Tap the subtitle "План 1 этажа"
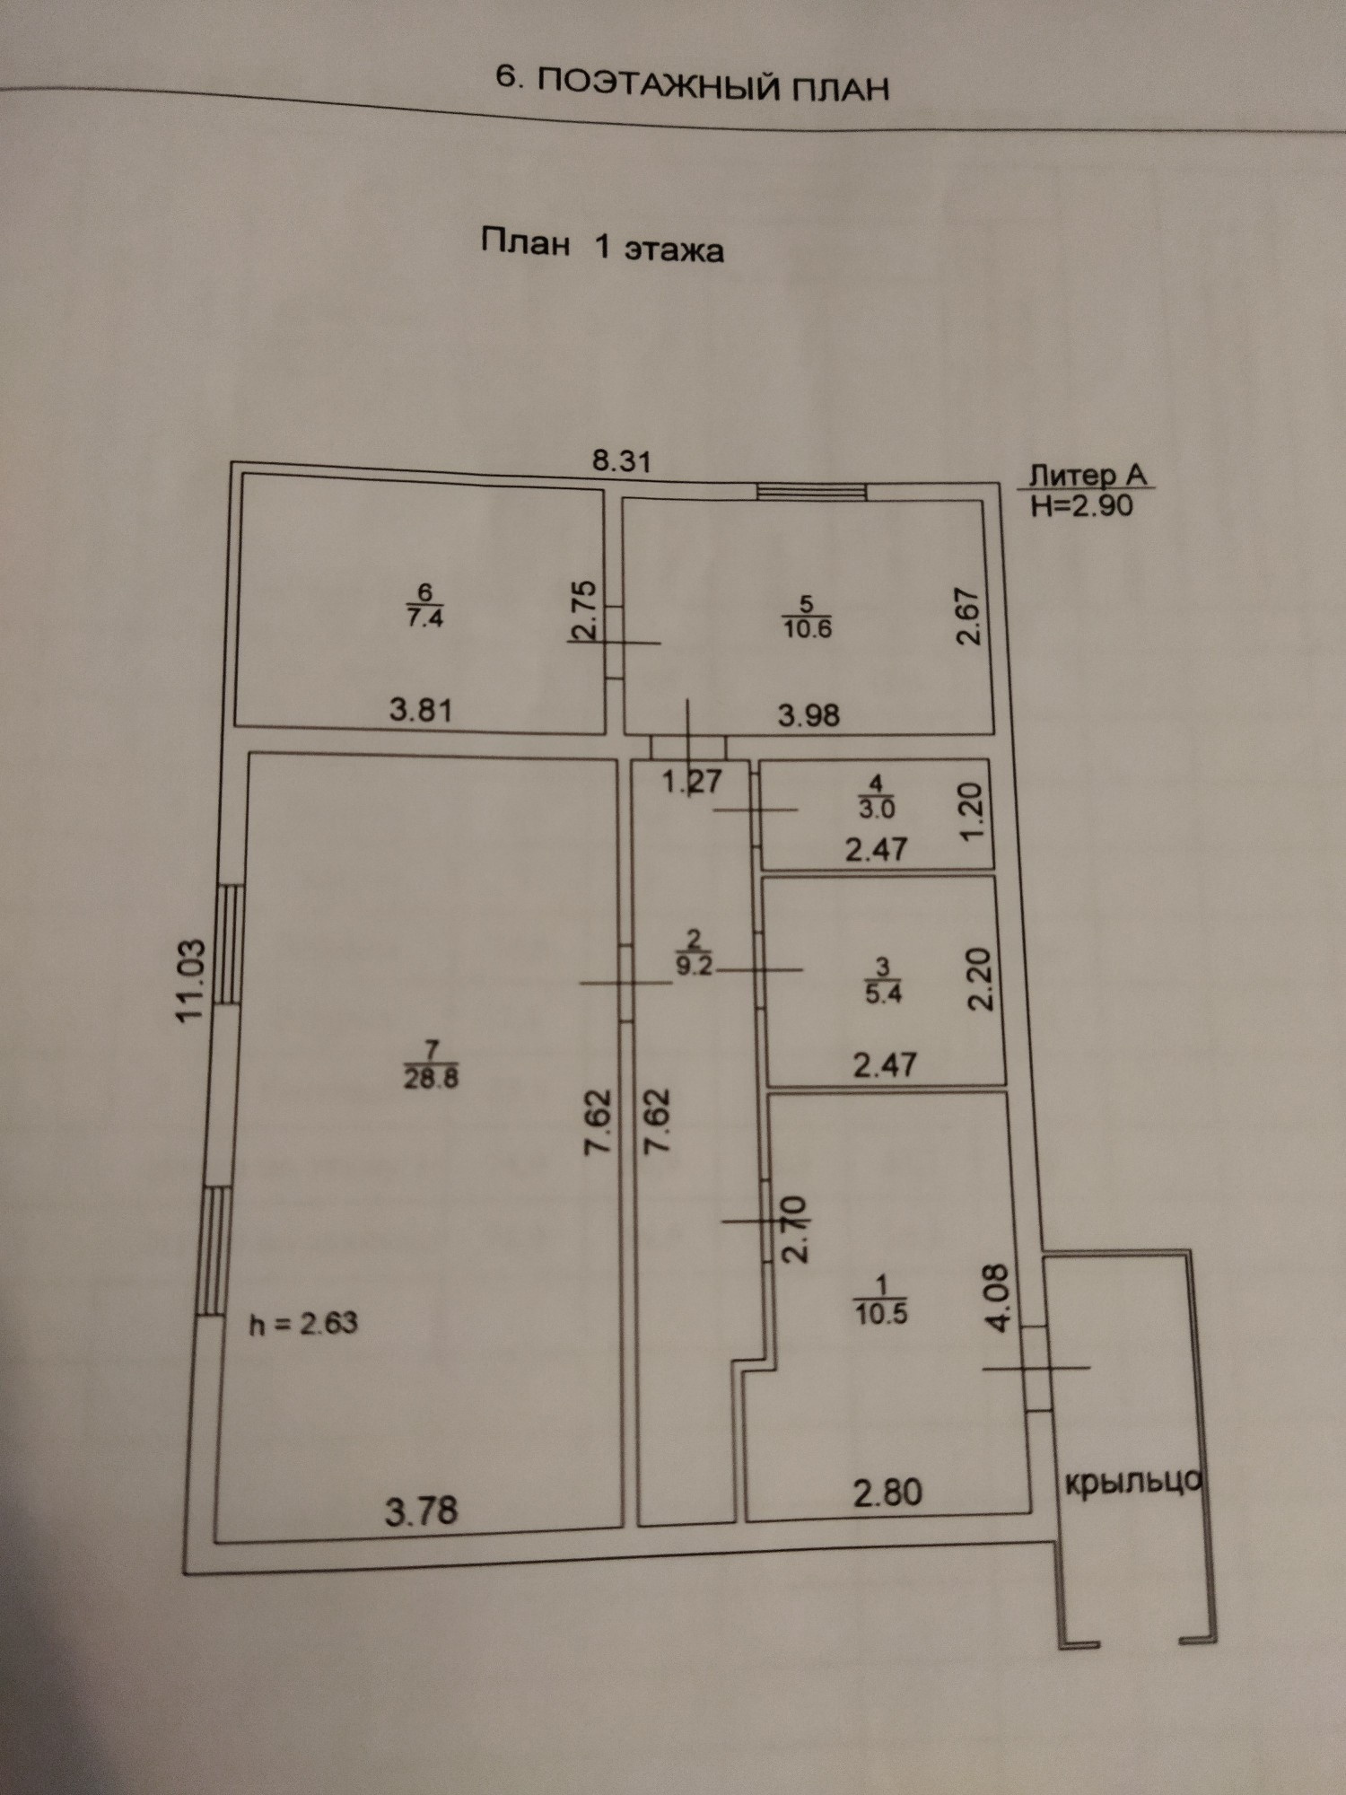coord(602,245)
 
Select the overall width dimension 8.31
coord(622,461)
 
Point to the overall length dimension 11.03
coord(191,980)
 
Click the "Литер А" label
coord(1088,475)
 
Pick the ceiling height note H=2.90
coord(1082,505)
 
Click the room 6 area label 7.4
coord(425,617)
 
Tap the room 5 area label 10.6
coord(807,628)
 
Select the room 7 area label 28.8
coord(431,1078)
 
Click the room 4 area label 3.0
coord(877,809)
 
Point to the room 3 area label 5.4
coord(883,994)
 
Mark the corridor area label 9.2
coord(694,967)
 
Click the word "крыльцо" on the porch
coord(1132,1483)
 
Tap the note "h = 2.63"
coord(303,1323)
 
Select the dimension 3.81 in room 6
coord(421,710)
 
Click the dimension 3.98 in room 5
coord(808,715)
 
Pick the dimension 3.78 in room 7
coord(421,1512)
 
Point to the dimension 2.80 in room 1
coord(887,1492)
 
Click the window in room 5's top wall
coord(811,491)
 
